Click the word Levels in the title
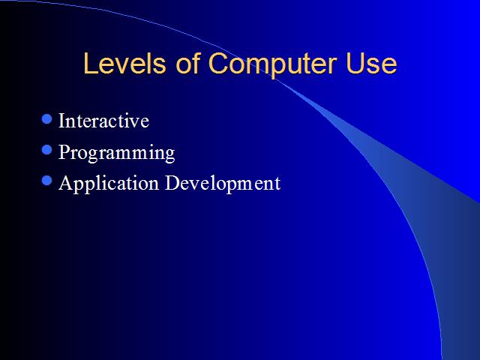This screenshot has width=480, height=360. (x=124, y=63)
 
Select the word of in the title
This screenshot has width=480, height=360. (x=188, y=63)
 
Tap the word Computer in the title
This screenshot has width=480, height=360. (x=273, y=65)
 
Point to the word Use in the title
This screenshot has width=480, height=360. (x=371, y=63)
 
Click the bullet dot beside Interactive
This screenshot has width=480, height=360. (x=46, y=118)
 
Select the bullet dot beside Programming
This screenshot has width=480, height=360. (x=46, y=150)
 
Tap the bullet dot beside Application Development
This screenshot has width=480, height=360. (x=46, y=180)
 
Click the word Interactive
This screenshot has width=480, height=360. (x=103, y=120)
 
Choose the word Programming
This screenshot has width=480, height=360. (x=117, y=153)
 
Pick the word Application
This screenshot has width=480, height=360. (x=109, y=184)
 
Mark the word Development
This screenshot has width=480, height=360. (x=223, y=184)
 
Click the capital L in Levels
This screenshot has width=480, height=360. (x=90, y=63)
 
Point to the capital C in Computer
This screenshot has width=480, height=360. (x=218, y=63)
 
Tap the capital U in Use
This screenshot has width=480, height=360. (x=355, y=63)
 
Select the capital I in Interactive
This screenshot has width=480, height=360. (x=62, y=121)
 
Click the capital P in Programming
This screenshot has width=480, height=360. (x=65, y=151)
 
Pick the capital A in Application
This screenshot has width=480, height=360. (x=66, y=182)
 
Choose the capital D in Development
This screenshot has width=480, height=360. (x=172, y=182)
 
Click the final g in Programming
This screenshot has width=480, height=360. (x=170, y=155)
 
